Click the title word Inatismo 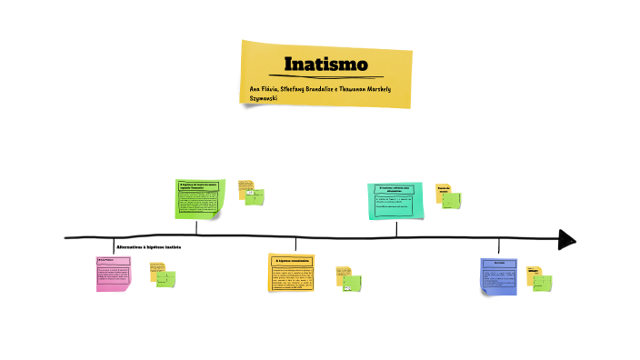coord(325,65)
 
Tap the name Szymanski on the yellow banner coord(265,97)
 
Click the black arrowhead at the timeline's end coord(567,239)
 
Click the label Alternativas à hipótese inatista coord(149,247)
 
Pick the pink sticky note coord(113,274)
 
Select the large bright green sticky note coord(198,198)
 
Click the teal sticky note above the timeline coord(396,201)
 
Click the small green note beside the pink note coord(166,278)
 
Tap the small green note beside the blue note coord(542,282)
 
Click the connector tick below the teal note coord(396,228)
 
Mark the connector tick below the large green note coord(197,228)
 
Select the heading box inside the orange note coord(292,261)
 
